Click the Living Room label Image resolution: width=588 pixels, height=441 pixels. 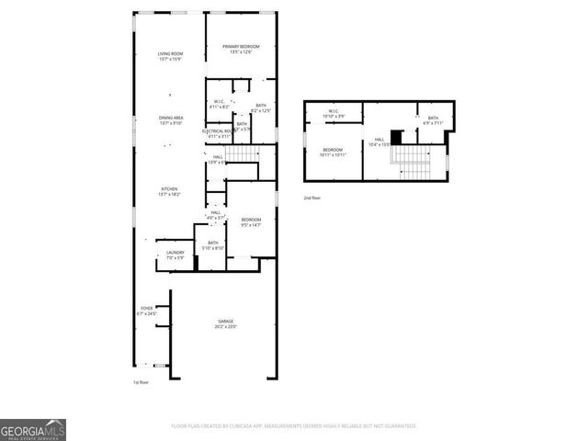[169, 57]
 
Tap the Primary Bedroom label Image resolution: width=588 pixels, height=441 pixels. [241, 49]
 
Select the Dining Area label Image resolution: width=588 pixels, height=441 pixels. [169, 119]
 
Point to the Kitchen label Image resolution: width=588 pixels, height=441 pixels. [169, 191]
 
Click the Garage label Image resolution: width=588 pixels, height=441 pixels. [225, 323]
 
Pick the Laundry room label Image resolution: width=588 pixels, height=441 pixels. [175, 254]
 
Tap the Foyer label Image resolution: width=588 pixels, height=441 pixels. [147, 311]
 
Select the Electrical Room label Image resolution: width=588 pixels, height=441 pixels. [219, 134]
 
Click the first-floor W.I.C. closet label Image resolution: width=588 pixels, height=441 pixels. [219, 104]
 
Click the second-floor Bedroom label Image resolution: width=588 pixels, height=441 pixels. [333, 152]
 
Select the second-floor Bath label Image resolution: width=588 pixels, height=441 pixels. [433, 119]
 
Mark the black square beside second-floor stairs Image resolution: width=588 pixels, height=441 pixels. [396, 139]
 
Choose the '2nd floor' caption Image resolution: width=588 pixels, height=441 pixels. [313, 197]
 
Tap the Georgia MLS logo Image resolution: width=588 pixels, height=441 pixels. [32, 430]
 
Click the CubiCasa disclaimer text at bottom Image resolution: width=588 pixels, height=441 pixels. [294, 426]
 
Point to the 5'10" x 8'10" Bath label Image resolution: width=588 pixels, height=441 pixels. [211, 245]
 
